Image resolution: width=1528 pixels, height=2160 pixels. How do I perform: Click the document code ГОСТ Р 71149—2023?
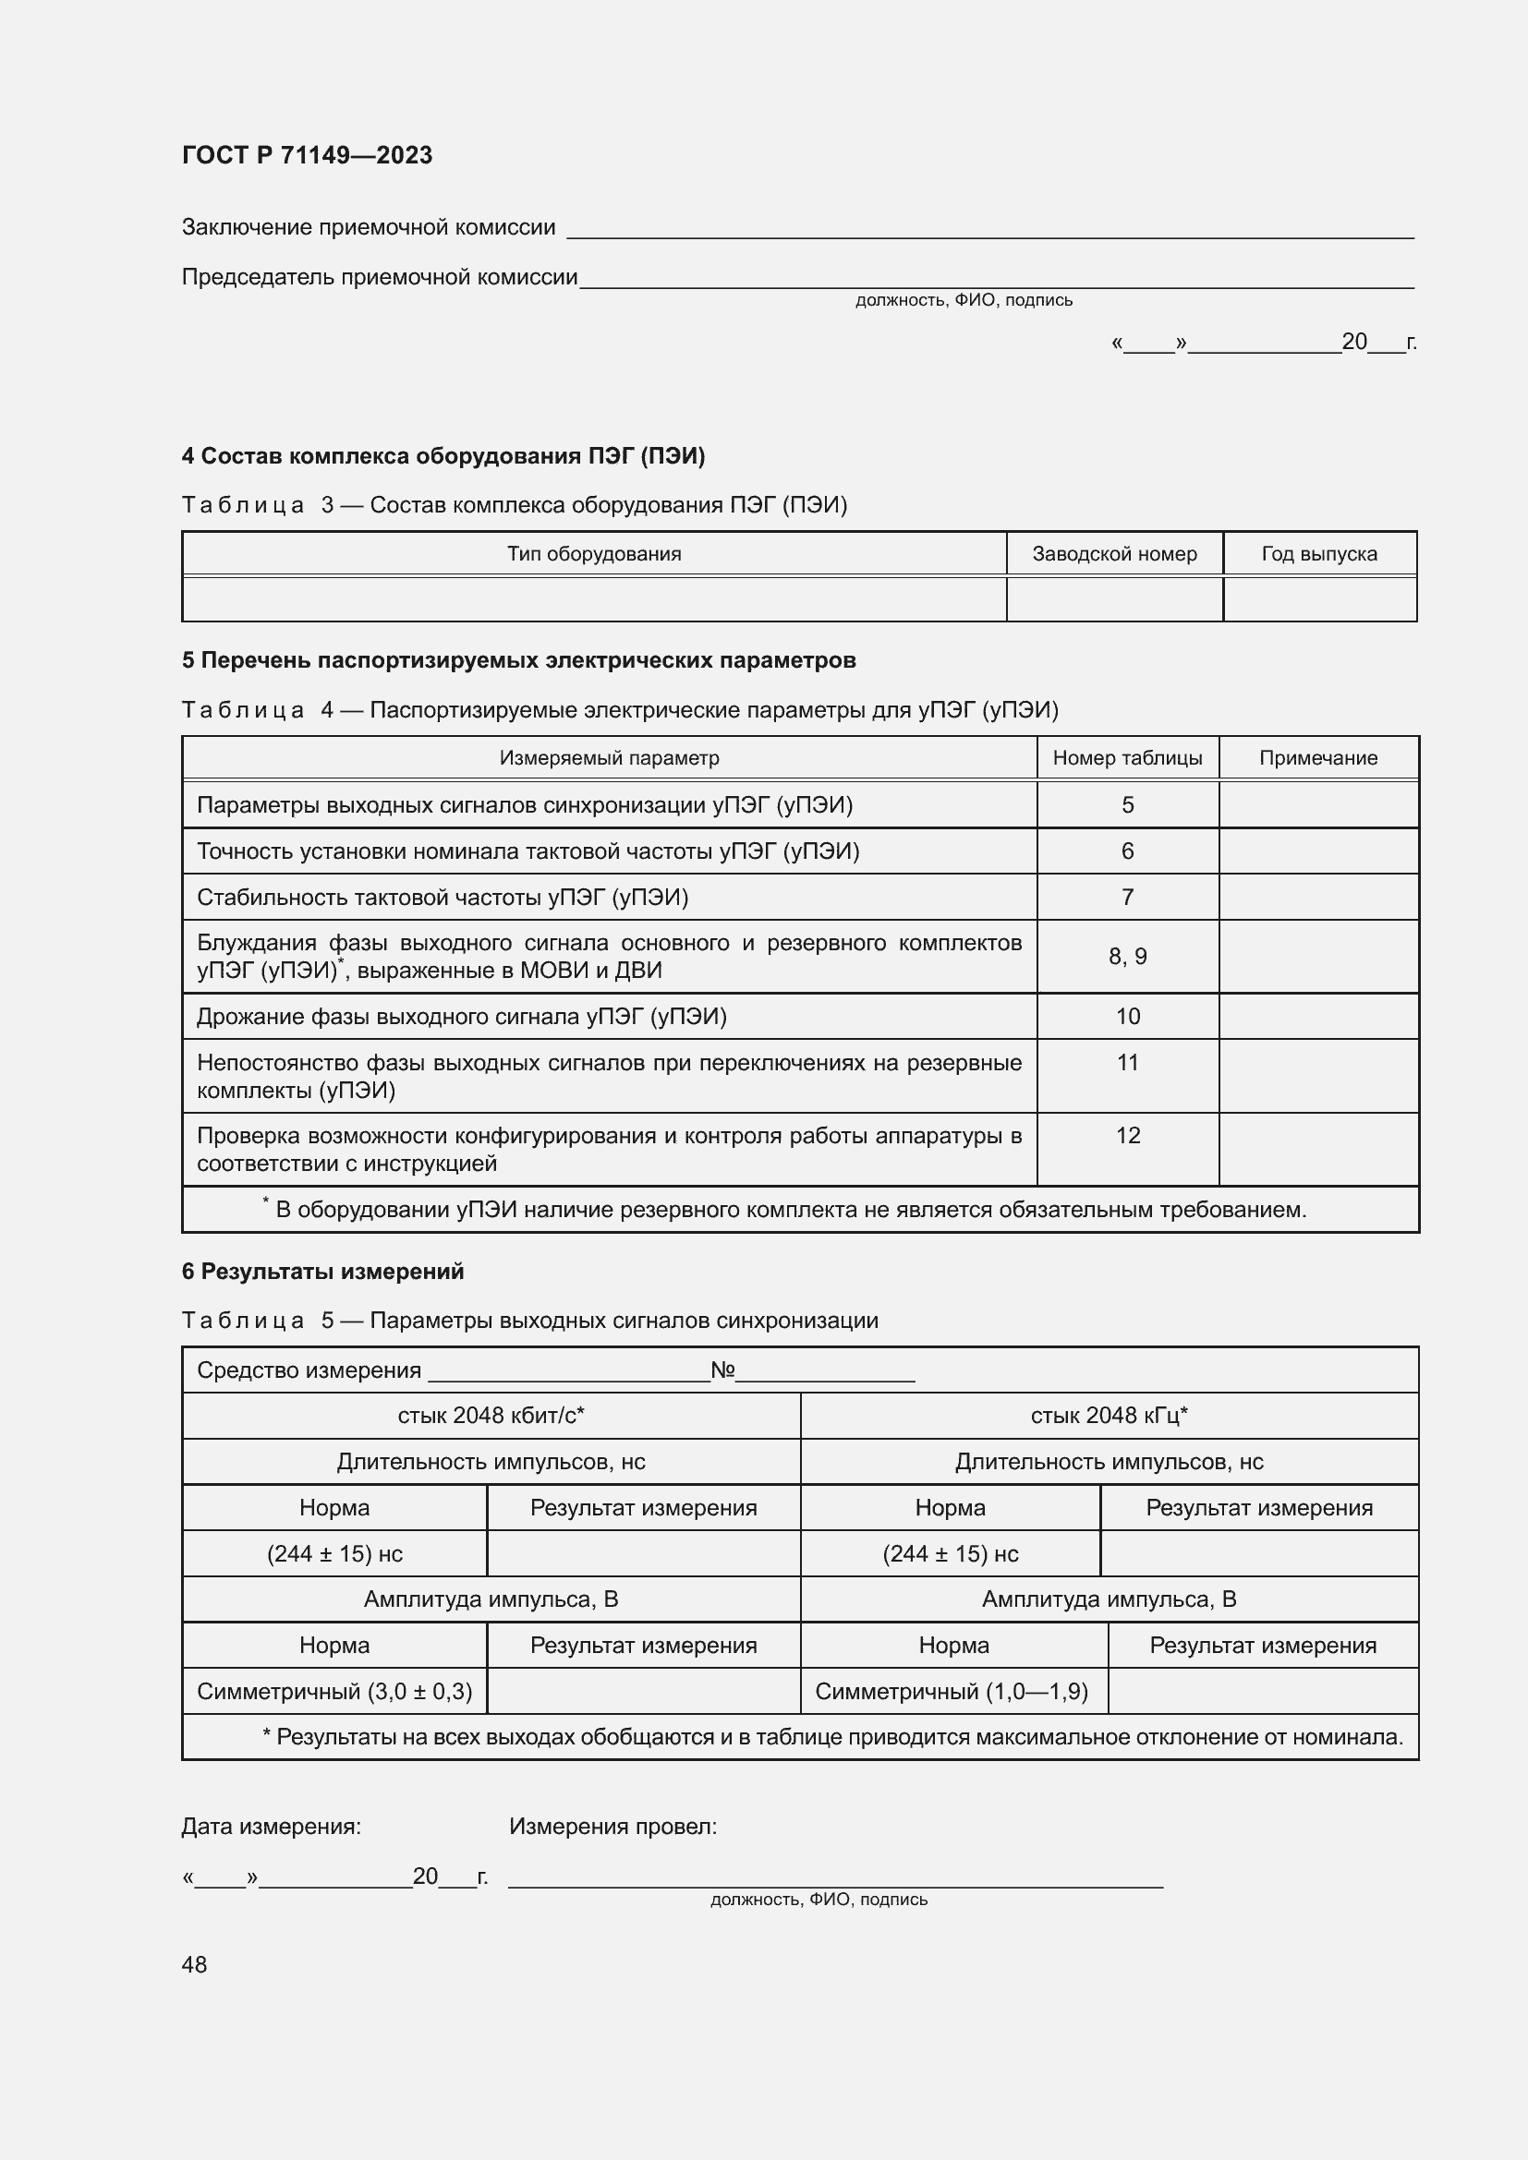coord(307,155)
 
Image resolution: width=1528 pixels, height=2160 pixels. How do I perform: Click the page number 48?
coord(194,1964)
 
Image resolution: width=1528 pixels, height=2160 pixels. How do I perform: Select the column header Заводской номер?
coord(1114,554)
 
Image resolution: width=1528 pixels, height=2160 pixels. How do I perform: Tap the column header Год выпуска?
coord(1319,554)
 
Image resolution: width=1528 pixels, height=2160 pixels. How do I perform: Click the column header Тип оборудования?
coord(594,554)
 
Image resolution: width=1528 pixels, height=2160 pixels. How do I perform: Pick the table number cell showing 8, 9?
coord(1127,957)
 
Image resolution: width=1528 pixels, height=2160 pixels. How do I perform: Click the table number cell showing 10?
coord(1127,1016)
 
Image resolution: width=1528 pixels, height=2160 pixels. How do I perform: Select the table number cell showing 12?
coord(1127,1136)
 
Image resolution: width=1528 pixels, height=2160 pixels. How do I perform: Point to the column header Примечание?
coord(1318,758)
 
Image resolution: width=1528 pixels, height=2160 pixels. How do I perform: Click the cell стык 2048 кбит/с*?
coord(491,1416)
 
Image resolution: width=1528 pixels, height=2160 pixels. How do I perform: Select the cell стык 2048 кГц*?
coord(1109,1416)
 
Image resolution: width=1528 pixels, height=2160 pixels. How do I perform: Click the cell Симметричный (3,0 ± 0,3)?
coord(334,1692)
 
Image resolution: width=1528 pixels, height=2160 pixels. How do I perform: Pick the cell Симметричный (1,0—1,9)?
coord(952,1692)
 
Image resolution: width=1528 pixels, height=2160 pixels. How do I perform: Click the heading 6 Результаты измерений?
coord(322,1272)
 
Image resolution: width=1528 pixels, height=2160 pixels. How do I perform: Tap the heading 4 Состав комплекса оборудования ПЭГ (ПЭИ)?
coord(443,456)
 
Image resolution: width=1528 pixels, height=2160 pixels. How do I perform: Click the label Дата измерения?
coord(271,1827)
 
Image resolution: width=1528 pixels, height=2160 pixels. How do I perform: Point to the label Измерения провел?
coord(612,1827)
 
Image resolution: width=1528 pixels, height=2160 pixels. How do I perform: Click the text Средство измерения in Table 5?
coord(309,1370)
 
